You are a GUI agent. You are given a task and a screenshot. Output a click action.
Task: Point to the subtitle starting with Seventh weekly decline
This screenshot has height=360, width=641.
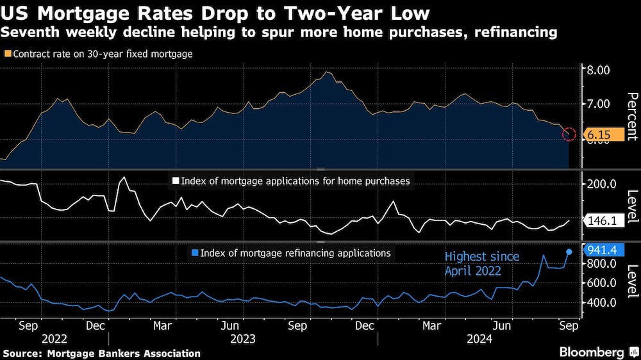pyautogui.click(x=279, y=31)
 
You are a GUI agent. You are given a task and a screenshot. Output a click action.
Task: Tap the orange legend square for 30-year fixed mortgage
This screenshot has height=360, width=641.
pyautogui.click(x=6, y=54)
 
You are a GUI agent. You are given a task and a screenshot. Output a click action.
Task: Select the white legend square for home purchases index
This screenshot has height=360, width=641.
pyautogui.click(x=175, y=181)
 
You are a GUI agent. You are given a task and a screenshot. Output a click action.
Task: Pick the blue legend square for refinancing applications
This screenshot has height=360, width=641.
pyautogui.click(x=194, y=253)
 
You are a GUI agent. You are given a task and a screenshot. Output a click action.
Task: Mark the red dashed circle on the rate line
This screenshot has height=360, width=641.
pyautogui.click(x=569, y=134)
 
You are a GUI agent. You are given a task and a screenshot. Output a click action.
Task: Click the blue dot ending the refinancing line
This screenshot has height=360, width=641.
pyautogui.click(x=569, y=251)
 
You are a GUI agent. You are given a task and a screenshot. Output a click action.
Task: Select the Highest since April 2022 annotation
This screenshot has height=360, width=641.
pyautogui.click(x=482, y=264)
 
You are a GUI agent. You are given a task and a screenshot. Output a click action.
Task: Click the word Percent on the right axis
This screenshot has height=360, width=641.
pyautogui.click(x=631, y=115)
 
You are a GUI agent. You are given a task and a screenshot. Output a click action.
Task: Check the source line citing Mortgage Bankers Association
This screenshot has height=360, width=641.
pyautogui.click(x=101, y=354)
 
